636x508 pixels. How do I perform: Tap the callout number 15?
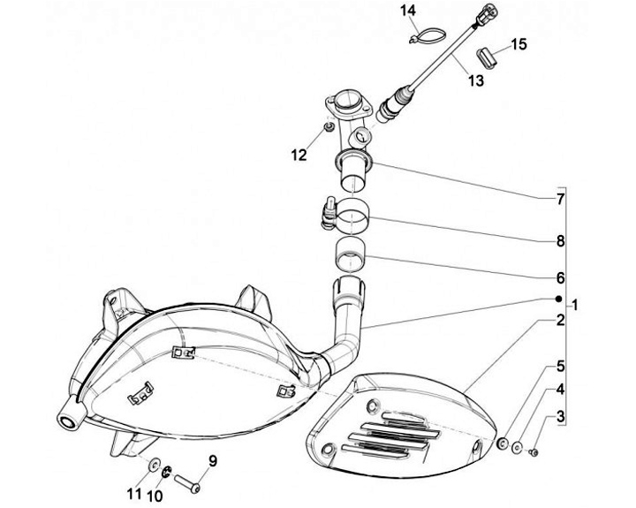point(518,43)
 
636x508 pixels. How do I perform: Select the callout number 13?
point(476,81)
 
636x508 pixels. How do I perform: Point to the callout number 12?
point(299,155)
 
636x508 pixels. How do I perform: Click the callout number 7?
point(560,200)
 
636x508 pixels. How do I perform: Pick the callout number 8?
point(560,240)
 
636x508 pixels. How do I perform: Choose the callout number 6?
point(560,277)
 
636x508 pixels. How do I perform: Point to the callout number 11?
point(134,491)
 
